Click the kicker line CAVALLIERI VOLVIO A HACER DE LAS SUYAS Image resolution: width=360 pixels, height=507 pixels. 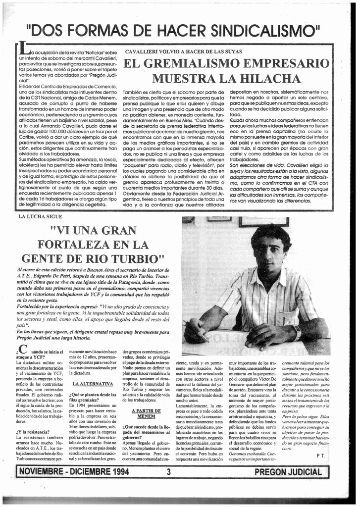click(183, 51)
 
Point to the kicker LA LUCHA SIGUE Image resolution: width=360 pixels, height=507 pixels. click(40, 216)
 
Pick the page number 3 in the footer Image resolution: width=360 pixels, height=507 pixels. click(168, 472)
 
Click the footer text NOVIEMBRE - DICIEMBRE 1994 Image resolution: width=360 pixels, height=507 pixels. click(72, 472)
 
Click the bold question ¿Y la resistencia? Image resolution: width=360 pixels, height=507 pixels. click(33, 432)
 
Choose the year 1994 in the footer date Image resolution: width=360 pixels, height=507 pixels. click(116, 472)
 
